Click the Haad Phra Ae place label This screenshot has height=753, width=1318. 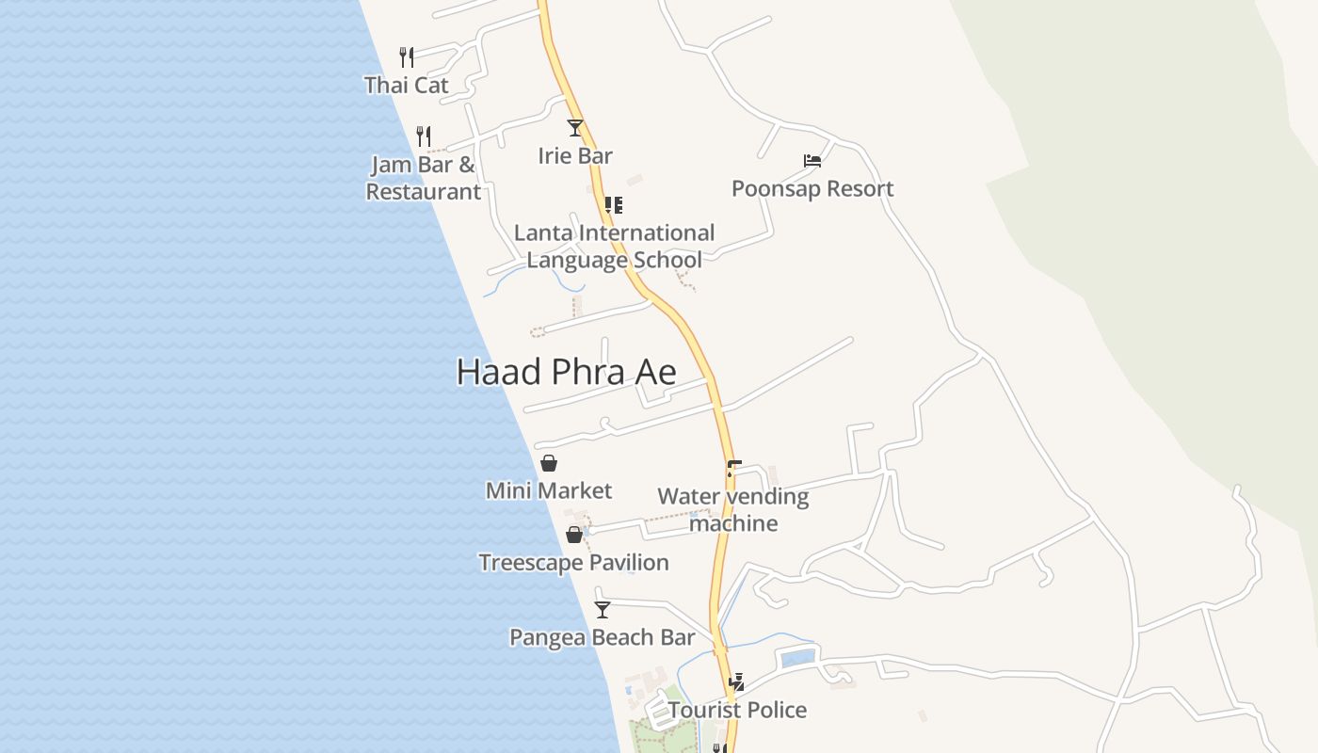[566, 373]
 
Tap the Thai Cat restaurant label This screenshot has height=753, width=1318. [407, 85]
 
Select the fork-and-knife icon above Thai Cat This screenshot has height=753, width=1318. [407, 56]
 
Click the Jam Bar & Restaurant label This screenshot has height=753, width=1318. [424, 178]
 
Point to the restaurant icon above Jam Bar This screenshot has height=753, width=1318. [424, 136]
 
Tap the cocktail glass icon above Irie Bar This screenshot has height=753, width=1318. [575, 128]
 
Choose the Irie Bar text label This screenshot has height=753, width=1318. [575, 155]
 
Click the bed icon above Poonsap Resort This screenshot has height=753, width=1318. [812, 161]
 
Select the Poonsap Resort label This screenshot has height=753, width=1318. [812, 188]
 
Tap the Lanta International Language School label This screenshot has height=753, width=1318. [614, 246]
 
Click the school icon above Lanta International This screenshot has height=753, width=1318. [613, 204]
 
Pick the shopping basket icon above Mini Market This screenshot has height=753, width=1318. [549, 463]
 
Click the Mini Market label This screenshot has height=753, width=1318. [549, 490]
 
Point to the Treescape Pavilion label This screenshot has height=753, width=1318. [573, 563]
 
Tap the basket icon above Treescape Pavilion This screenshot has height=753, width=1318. [574, 535]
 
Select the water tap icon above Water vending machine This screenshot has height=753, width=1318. [733, 468]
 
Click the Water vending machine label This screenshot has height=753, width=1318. [733, 509]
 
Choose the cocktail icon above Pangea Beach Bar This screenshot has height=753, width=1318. [603, 609]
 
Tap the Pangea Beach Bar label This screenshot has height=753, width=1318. [603, 637]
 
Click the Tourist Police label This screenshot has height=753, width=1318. [738, 710]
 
